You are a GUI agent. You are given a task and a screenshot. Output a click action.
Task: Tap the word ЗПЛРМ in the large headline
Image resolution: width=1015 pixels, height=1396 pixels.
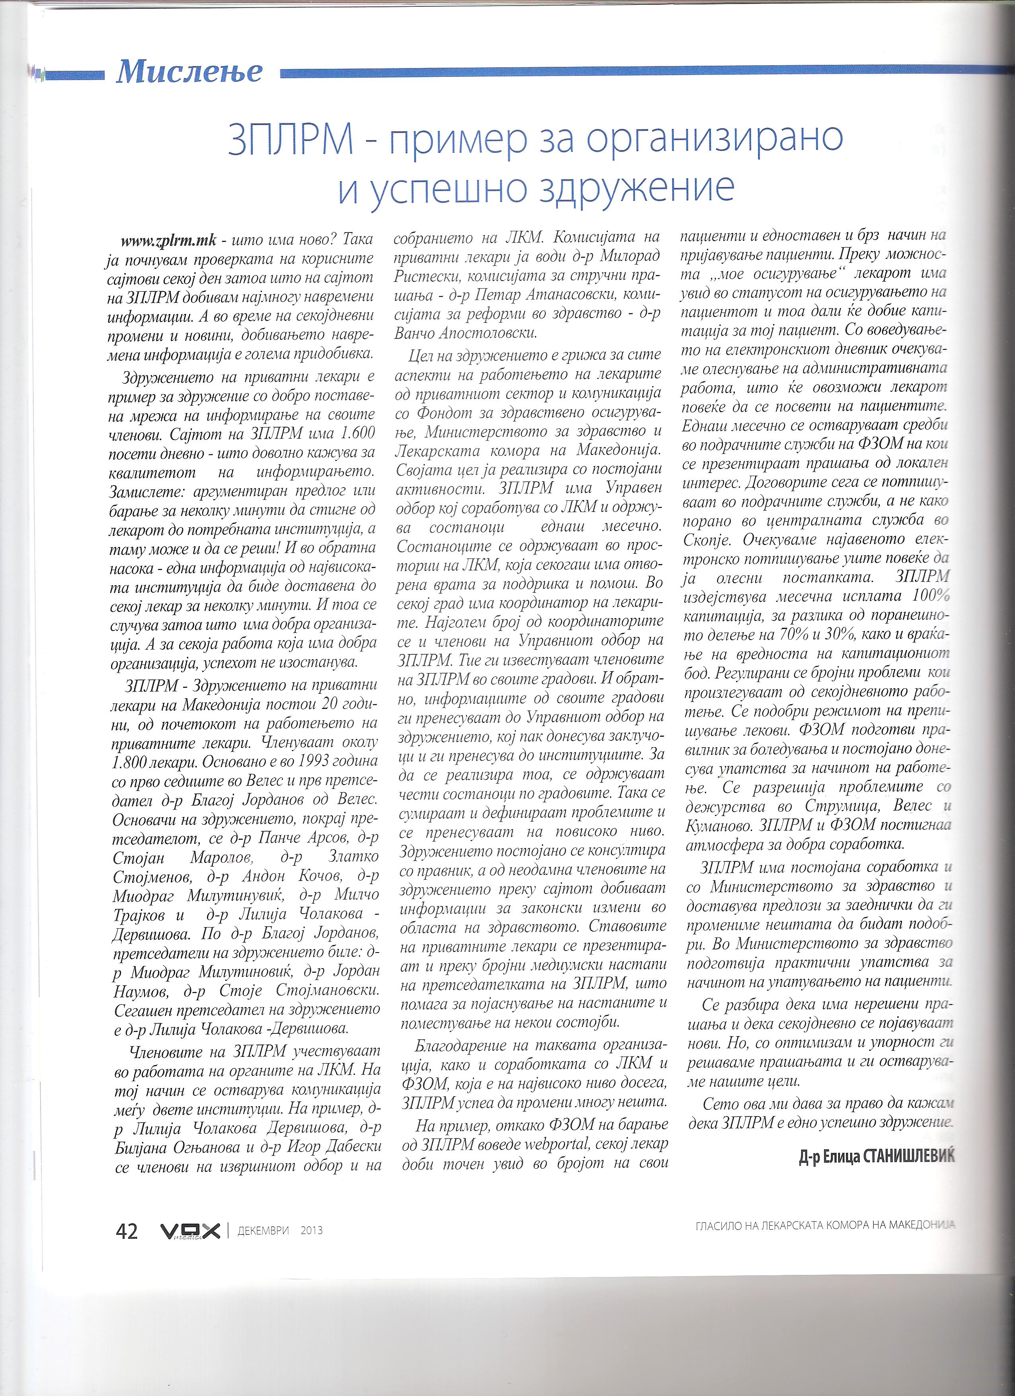point(288,141)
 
